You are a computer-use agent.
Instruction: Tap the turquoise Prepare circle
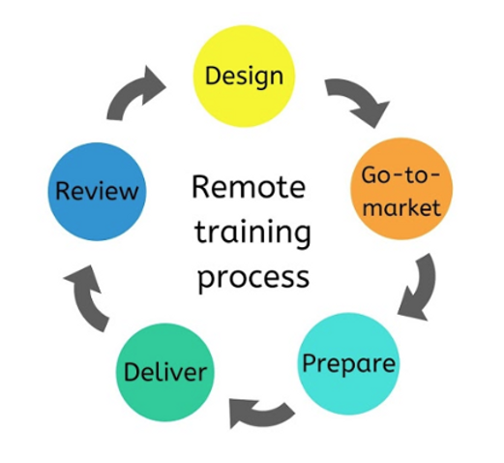pos(348,363)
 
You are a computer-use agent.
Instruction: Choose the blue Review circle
pos(96,190)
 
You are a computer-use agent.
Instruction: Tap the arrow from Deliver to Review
pos(86,294)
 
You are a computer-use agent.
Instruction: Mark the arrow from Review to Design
pos(136,92)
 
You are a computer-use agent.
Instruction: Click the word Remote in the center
pos(247,186)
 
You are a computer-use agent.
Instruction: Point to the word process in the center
pos(252,275)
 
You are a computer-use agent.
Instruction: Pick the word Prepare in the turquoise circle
pos(348,364)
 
